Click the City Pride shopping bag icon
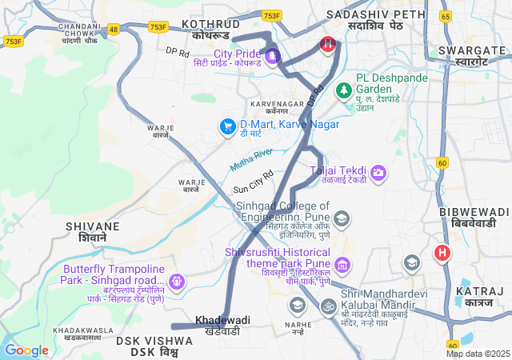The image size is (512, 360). (272, 55)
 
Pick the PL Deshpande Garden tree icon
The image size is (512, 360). (344, 90)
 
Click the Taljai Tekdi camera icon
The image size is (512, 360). (378, 171)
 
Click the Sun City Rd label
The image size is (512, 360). (253, 182)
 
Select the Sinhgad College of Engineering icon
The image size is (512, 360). (342, 218)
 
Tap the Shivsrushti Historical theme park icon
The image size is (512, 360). (342, 264)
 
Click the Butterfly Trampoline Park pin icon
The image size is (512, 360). (176, 281)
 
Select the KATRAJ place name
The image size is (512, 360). (478, 298)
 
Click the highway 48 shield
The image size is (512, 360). (114, 29)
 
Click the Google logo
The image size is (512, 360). (26, 350)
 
